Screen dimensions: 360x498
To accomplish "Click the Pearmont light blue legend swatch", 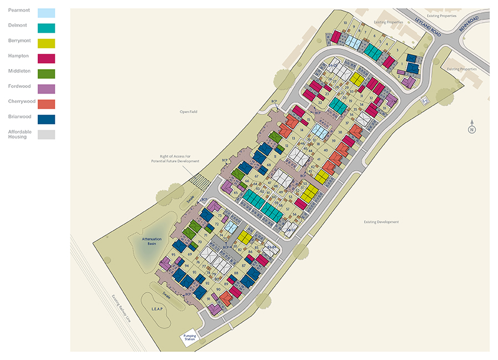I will click(46, 12).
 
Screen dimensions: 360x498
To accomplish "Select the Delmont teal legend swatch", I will click(46, 28).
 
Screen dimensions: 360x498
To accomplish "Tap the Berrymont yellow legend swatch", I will click(46, 43).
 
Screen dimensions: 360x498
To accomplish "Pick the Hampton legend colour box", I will click(46, 58).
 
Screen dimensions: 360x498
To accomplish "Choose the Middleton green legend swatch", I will click(46, 74).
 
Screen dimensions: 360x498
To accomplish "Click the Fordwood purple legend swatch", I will click(46, 88).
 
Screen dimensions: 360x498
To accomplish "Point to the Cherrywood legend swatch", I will click(46, 104).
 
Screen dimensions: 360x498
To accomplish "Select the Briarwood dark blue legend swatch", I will click(46, 119).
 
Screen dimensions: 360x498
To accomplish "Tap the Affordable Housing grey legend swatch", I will click(46, 134).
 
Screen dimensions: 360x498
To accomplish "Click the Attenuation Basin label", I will click(152, 241).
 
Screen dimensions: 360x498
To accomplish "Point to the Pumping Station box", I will click(186, 338).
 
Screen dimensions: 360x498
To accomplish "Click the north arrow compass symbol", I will click(472, 127).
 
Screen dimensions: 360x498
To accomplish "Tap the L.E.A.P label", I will click(158, 307).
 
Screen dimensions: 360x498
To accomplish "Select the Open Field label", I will click(188, 112).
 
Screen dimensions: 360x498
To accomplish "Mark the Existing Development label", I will click(381, 222).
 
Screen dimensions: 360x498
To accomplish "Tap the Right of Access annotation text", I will click(175, 159).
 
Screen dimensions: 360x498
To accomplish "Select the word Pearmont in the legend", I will click(19, 11).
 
